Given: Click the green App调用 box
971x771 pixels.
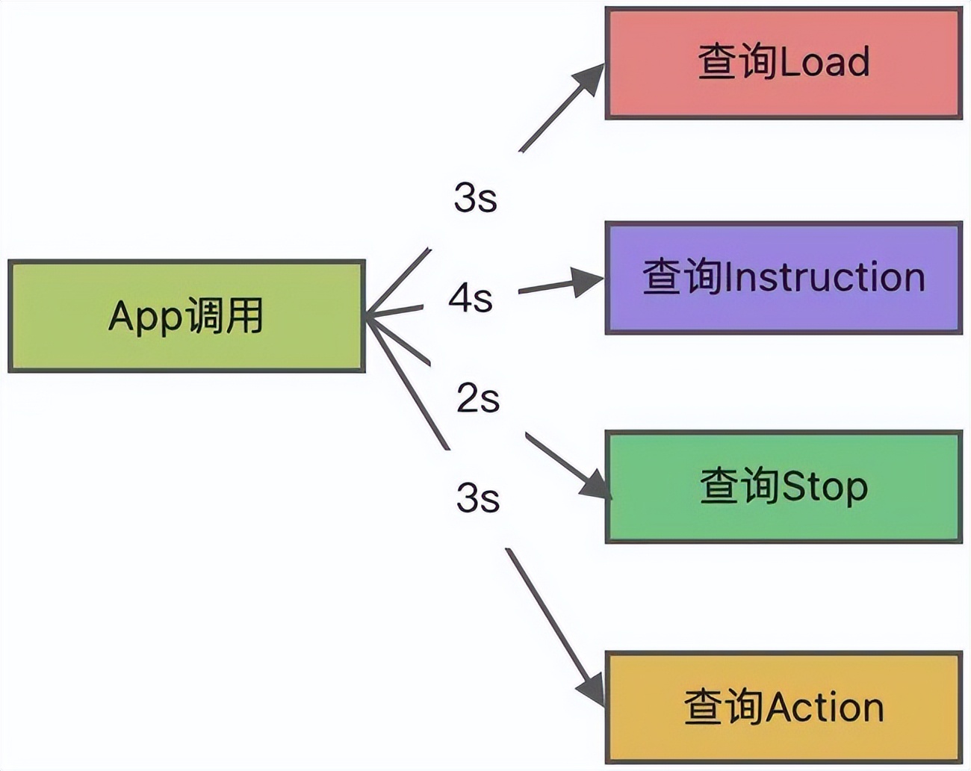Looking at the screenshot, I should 186,316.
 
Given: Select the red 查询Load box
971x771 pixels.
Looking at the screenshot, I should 783,63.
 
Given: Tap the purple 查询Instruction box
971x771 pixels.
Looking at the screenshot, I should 783,277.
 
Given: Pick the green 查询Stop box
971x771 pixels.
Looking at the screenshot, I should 783,486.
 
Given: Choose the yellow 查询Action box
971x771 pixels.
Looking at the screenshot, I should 783,707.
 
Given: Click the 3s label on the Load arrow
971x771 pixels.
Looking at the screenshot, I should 475,198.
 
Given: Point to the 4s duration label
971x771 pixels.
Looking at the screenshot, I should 471,299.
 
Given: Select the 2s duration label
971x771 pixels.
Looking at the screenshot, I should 477,397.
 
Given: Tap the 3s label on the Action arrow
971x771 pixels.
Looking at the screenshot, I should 477,497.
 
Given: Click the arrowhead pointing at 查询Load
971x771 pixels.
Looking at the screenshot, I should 591,78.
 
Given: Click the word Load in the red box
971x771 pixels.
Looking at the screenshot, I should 825,63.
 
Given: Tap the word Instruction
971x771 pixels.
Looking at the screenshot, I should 825,277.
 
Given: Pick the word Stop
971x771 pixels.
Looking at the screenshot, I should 825,487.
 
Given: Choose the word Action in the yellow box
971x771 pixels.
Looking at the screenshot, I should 825,707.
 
